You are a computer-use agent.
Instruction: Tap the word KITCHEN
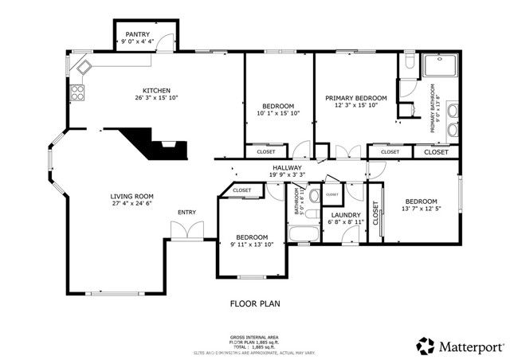[156, 90]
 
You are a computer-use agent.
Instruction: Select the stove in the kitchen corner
[78, 92]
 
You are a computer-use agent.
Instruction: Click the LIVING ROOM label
[132, 196]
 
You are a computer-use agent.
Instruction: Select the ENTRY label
[186, 212]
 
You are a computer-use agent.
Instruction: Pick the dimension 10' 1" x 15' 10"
[278, 113]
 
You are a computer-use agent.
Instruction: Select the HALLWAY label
[286, 167]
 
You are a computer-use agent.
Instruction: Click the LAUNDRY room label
[345, 214]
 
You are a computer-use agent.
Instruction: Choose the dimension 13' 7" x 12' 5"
[420, 209]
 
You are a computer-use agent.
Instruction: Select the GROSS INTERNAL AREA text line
[253, 337]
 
